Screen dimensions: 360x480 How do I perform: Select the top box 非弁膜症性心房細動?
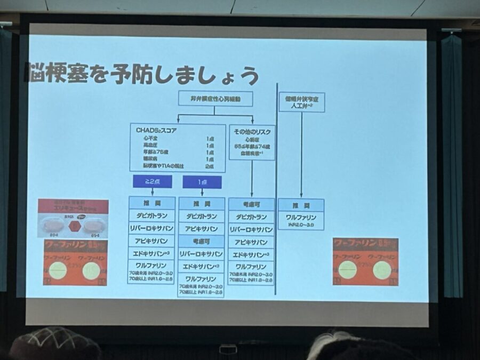[215, 99]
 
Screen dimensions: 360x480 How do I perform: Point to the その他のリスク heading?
[252, 132]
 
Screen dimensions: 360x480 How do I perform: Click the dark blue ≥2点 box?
[152, 182]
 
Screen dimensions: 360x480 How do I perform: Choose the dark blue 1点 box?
[202, 182]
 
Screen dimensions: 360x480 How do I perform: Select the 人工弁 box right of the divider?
[301, 102]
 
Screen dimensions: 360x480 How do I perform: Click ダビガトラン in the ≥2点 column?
[151, 216]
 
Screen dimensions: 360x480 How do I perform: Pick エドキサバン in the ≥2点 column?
[151, 253]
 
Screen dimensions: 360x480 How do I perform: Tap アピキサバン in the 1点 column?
[201, 229]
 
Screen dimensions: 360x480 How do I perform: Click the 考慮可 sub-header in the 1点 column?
[201, 242]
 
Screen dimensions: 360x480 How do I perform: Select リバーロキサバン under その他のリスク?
[251, 229]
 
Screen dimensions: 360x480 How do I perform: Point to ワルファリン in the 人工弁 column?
[301, 217]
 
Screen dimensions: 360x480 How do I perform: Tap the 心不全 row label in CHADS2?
[143, 138]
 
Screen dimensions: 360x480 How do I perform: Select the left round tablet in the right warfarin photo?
[348, 269]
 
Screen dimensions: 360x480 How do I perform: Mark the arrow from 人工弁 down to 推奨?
[301, 155]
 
